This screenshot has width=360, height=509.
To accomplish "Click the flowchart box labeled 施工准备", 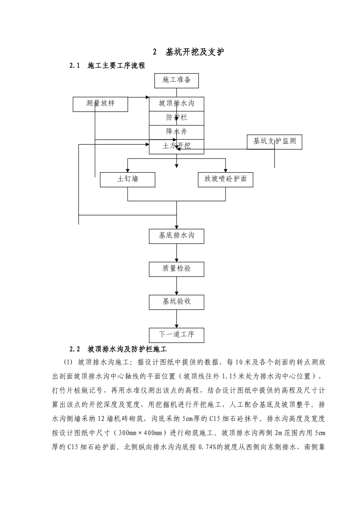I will point(177,80).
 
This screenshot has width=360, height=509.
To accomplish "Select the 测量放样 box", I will point(100,104).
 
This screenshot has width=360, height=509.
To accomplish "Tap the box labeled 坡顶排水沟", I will point(177,103).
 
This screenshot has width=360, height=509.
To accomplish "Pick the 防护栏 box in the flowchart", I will point(177,118).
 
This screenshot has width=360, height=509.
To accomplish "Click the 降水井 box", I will point(177,132).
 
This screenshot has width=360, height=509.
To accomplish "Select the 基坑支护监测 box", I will point(274,142).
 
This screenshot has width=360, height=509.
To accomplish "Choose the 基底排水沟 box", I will point(177,236).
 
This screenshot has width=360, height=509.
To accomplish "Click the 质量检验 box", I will point(177,269).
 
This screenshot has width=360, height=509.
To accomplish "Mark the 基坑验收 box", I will point(177,302).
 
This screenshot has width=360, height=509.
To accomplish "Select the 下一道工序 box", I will point(177,335).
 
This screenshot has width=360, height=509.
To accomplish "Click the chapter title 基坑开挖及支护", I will point(194,52).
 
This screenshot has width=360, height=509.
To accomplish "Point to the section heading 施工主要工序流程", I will point(116,66).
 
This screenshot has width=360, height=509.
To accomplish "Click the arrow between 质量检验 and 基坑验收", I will point(177,286).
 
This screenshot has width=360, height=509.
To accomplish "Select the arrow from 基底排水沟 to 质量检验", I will point(177,253).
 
